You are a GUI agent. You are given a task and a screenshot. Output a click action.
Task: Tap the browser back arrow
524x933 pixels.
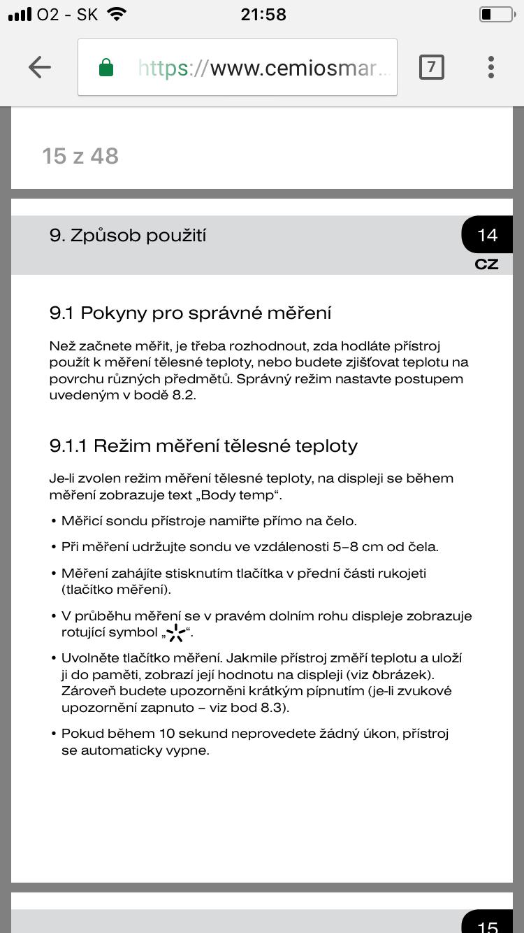pos(40,67)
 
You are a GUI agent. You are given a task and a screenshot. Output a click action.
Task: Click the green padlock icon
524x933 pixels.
pos(106,68)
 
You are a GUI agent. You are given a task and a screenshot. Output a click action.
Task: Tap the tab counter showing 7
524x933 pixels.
pos(431,67)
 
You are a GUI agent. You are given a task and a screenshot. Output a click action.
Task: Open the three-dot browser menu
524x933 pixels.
pos(491,67)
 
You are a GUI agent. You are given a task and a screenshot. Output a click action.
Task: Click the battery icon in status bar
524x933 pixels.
pos(495,14)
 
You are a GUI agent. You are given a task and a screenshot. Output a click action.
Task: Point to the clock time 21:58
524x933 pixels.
pos(263,14)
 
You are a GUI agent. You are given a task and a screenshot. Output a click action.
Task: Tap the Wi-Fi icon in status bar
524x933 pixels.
pos(117,14)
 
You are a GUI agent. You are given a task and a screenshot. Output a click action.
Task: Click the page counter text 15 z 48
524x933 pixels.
pos(80,156)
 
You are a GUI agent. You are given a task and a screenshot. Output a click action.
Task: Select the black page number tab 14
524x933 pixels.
pos(487,234)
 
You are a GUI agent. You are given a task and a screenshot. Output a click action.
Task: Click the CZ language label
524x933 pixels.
pos(486,264)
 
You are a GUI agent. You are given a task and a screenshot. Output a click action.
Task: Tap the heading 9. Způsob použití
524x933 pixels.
pos(128,235)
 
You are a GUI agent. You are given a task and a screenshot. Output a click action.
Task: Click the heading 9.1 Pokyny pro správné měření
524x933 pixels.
pos(190,313)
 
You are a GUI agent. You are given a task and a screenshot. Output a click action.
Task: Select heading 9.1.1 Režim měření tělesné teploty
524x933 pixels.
pos(203,446)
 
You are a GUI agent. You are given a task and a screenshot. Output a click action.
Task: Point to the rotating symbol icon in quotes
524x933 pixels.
pos(176,634)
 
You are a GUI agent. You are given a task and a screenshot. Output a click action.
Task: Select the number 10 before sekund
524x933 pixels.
pos(165,734)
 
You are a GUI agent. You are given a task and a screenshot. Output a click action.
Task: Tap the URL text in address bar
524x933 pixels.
pos(265,68)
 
